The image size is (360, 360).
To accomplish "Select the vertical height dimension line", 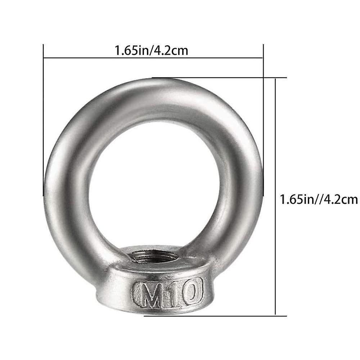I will click(275, 144).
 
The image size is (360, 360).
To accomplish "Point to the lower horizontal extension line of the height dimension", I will click(216, 316).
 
